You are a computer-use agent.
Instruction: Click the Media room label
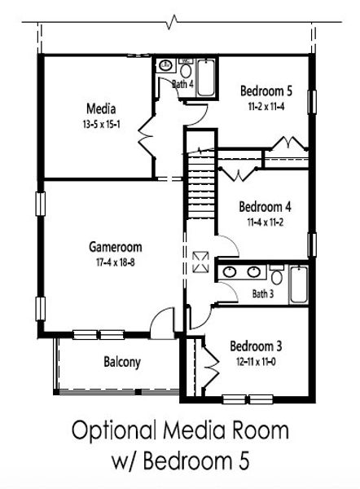102,108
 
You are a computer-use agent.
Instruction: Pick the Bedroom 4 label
265,205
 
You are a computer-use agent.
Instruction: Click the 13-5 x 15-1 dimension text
102,124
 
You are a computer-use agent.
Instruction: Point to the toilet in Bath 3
276,271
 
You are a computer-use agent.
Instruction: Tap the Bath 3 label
263,293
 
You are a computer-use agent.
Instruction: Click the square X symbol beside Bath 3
201,262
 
